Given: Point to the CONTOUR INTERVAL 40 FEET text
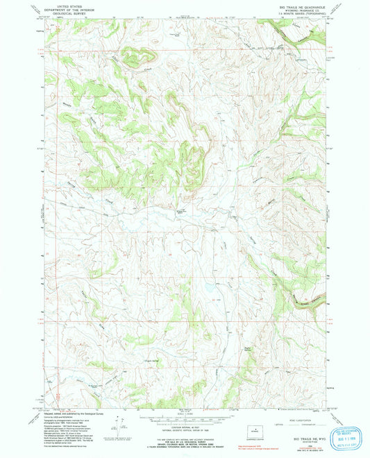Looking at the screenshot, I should [x=185, y=422].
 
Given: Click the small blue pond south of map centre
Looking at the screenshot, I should [x=206, y=286].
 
